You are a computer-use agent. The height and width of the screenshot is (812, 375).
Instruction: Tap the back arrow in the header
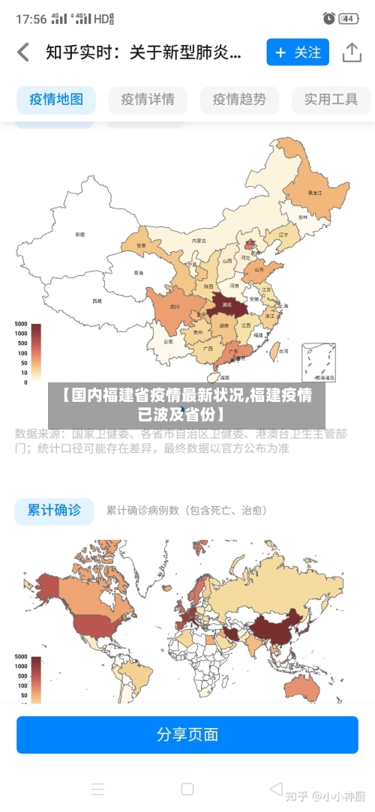23,52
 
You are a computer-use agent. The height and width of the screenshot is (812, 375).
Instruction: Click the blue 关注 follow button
298,52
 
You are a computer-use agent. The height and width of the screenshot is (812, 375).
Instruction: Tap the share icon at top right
352,52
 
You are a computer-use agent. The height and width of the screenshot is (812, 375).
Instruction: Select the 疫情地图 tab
56,99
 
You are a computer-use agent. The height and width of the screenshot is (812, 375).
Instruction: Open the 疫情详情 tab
148,99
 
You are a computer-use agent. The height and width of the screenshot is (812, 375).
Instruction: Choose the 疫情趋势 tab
239,99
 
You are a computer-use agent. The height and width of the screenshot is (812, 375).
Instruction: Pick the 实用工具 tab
331,99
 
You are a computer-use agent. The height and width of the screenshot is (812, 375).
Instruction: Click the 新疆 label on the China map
80,235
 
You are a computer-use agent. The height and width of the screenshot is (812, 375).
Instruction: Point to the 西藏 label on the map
97,301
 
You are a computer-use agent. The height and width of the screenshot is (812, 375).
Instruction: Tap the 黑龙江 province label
315,193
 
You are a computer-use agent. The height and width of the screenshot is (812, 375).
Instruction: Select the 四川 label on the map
175,307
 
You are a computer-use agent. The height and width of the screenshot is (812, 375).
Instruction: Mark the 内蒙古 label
199,241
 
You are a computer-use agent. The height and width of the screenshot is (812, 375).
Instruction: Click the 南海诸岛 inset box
319,362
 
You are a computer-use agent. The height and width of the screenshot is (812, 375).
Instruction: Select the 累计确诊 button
54,510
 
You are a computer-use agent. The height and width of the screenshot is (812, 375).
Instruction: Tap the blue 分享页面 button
187,734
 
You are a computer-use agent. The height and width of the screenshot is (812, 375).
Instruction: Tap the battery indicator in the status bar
348,18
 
